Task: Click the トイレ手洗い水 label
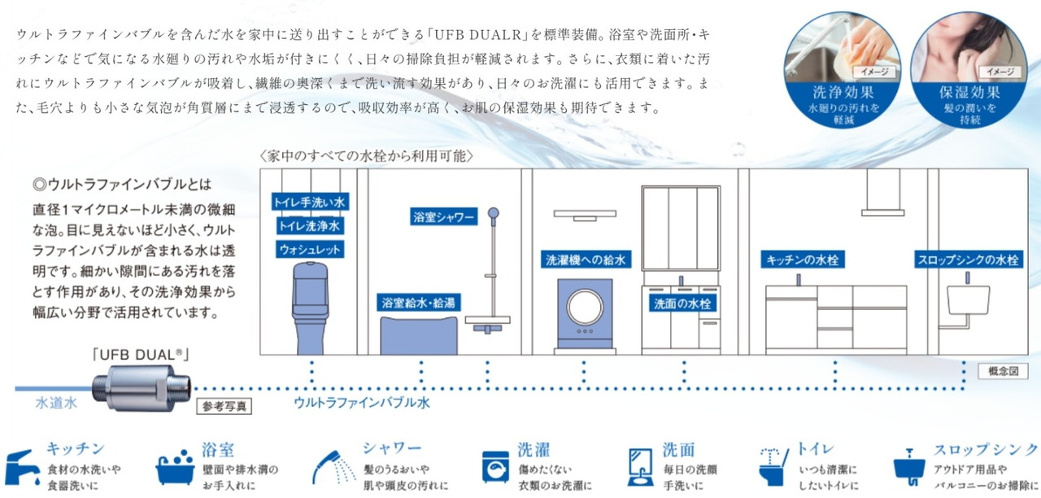[x=309, y=200]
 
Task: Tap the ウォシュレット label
[x=309, y=249]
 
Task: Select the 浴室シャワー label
[x=443, y=217]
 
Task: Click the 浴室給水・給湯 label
[x=419, y=303]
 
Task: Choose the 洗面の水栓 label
[x=683, y=303]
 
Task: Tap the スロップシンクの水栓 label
[x=968, y=260]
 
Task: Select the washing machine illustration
[x=586, y=316]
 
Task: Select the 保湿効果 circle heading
[x=957, y=92]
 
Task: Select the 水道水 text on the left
[x=55, y=402]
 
